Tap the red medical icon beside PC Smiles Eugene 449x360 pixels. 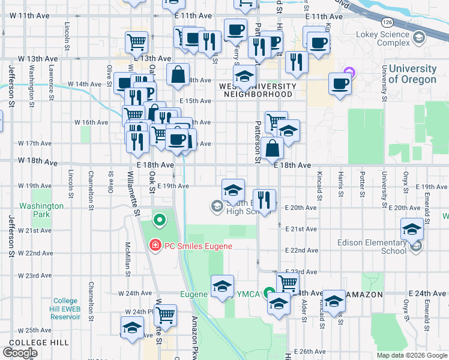tap(154, 245)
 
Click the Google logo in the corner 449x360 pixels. tap(20, 352)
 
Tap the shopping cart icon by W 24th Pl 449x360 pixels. tap(165, 314)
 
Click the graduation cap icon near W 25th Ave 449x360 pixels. tap(132, 328)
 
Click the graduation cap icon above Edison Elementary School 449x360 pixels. tap(412, 229)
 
